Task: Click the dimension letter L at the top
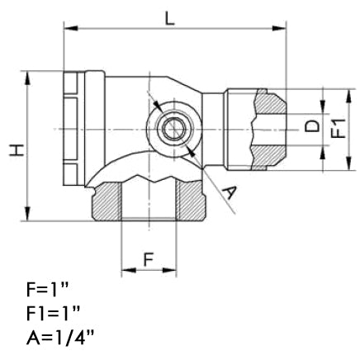169,17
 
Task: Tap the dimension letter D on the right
311,126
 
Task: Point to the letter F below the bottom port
149,258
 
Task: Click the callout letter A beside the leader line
232,193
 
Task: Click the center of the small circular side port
171,129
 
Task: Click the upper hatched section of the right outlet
269,103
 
